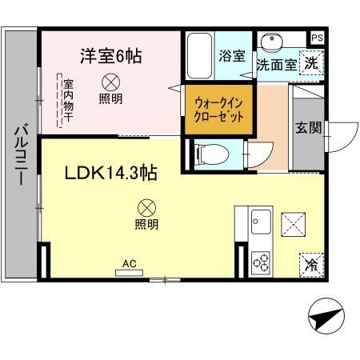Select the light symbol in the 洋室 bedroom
coord(110,82)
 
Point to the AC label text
coord(128,262)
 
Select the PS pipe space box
coord(317,38)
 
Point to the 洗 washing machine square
coord(311,64)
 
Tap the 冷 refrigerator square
coord(311,265)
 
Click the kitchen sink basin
coord(261,218)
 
